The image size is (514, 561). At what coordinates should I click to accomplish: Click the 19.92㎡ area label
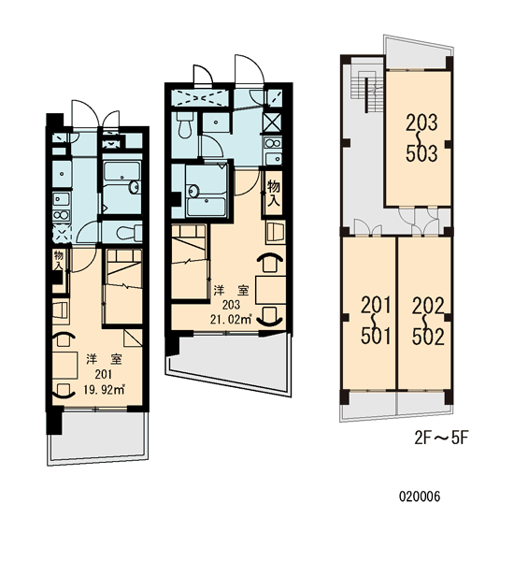104,389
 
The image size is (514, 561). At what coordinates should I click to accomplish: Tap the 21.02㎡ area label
231,319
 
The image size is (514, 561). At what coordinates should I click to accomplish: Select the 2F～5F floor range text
441,438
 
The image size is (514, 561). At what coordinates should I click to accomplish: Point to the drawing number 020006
420,496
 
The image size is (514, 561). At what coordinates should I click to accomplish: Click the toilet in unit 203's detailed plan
185,125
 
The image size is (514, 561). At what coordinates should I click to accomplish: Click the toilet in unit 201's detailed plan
129,233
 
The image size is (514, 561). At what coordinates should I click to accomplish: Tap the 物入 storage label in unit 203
274,194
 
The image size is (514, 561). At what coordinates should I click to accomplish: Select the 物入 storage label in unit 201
58,261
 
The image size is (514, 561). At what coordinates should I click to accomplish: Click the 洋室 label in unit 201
104,359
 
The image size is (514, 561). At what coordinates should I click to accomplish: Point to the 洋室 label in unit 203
231,290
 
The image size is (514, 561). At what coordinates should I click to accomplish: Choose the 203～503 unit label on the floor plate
421,137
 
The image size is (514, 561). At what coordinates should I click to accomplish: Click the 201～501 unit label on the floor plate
376,321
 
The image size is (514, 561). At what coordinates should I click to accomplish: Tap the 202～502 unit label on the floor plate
428,321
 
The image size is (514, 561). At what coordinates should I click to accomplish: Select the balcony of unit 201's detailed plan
97,437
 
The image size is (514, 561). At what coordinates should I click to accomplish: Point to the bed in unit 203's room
190,262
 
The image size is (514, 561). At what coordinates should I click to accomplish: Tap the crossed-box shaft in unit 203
272,122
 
